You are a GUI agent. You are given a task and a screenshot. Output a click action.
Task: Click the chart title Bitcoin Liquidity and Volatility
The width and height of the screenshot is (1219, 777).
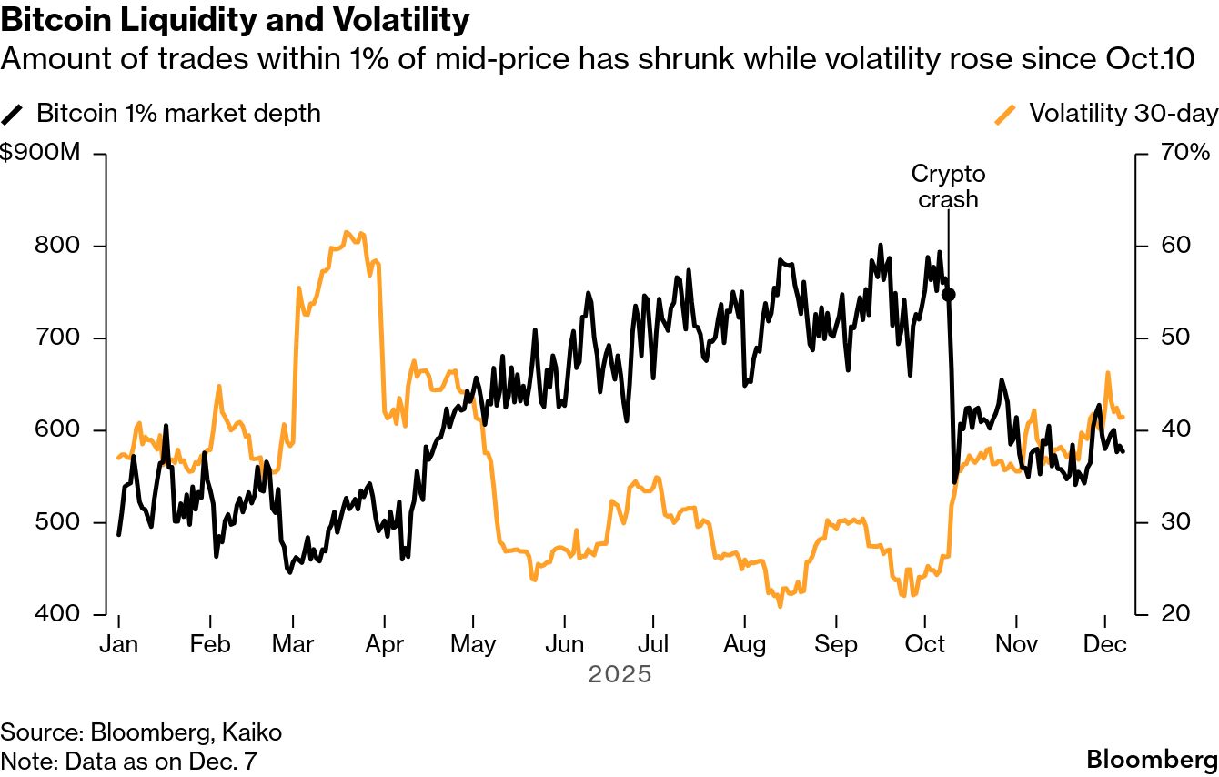point(236,20)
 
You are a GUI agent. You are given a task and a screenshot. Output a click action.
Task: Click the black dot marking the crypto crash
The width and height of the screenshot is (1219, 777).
point(948,294)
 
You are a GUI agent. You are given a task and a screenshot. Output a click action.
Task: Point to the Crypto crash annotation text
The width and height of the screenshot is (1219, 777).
point(948,186)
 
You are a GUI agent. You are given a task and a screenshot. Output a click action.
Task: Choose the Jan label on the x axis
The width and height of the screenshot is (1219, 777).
point(118,644)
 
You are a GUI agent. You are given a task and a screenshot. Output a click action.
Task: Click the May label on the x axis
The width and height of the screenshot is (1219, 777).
point(473,644)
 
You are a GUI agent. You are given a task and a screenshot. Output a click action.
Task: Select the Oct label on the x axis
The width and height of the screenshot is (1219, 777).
point(925,644)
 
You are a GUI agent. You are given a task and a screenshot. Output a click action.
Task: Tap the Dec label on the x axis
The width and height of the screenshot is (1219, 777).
point(1104,644)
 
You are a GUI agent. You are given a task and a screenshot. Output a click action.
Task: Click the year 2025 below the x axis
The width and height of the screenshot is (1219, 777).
point(620,675)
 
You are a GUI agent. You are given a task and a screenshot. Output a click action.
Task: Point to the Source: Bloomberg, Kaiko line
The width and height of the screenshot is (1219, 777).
point(141,732)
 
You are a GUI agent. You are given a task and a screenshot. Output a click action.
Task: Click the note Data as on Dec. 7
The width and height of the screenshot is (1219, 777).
point(135,760)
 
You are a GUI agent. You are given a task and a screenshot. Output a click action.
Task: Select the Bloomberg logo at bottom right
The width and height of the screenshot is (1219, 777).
point(1153,760)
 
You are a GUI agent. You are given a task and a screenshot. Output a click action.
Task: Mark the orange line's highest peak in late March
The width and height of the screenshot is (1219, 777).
point(349,232)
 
